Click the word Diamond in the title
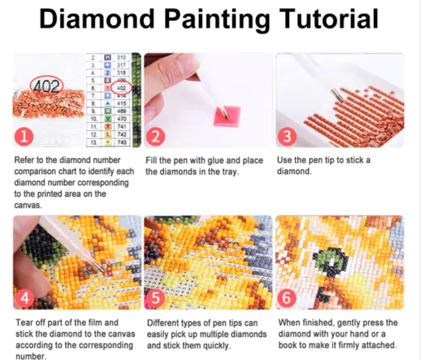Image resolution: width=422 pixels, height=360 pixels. tap(96, 19)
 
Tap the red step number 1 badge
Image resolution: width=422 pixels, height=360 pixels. tap(24, 137)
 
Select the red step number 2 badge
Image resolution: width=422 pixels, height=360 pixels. tap(155, 137)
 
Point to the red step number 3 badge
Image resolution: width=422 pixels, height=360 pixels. tap(287, 137)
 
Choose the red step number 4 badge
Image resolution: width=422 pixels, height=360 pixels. tap(25, 298)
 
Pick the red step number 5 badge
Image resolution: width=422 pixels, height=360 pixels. tap(155, 298)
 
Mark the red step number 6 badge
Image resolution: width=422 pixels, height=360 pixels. tap(286, 298)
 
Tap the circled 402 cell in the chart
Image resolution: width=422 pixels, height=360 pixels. tap(122, 88)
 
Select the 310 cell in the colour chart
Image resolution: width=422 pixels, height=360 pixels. tap(121, 58)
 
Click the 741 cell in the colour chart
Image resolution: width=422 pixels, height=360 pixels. tap(121, 127)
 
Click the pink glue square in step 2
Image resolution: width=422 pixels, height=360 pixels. tap(227, 116)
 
